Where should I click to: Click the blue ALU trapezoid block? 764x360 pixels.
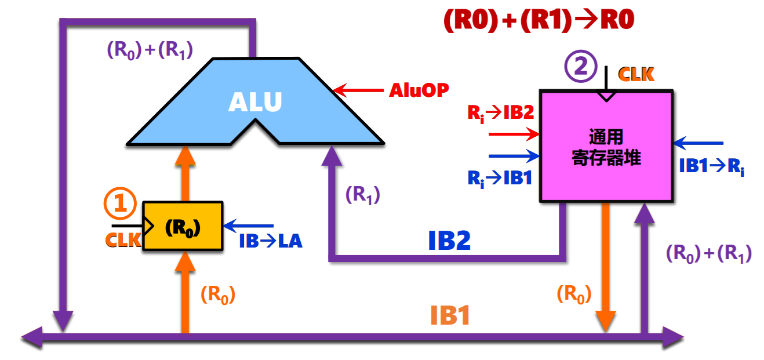coord(255,101)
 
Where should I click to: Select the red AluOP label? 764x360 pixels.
coord(419,90)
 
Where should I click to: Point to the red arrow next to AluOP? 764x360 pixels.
coord(359,90)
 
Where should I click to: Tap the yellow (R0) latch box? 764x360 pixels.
coord(183,227)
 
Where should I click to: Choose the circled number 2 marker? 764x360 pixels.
coord(580,68)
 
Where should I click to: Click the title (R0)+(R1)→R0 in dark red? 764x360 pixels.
coord(539,21)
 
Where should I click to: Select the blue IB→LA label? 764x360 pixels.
coord(271,241)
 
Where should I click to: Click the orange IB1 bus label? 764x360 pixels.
coord(450,316)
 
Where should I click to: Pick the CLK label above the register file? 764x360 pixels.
coord(636,75)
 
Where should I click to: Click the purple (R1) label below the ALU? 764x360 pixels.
coord(363,195)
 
